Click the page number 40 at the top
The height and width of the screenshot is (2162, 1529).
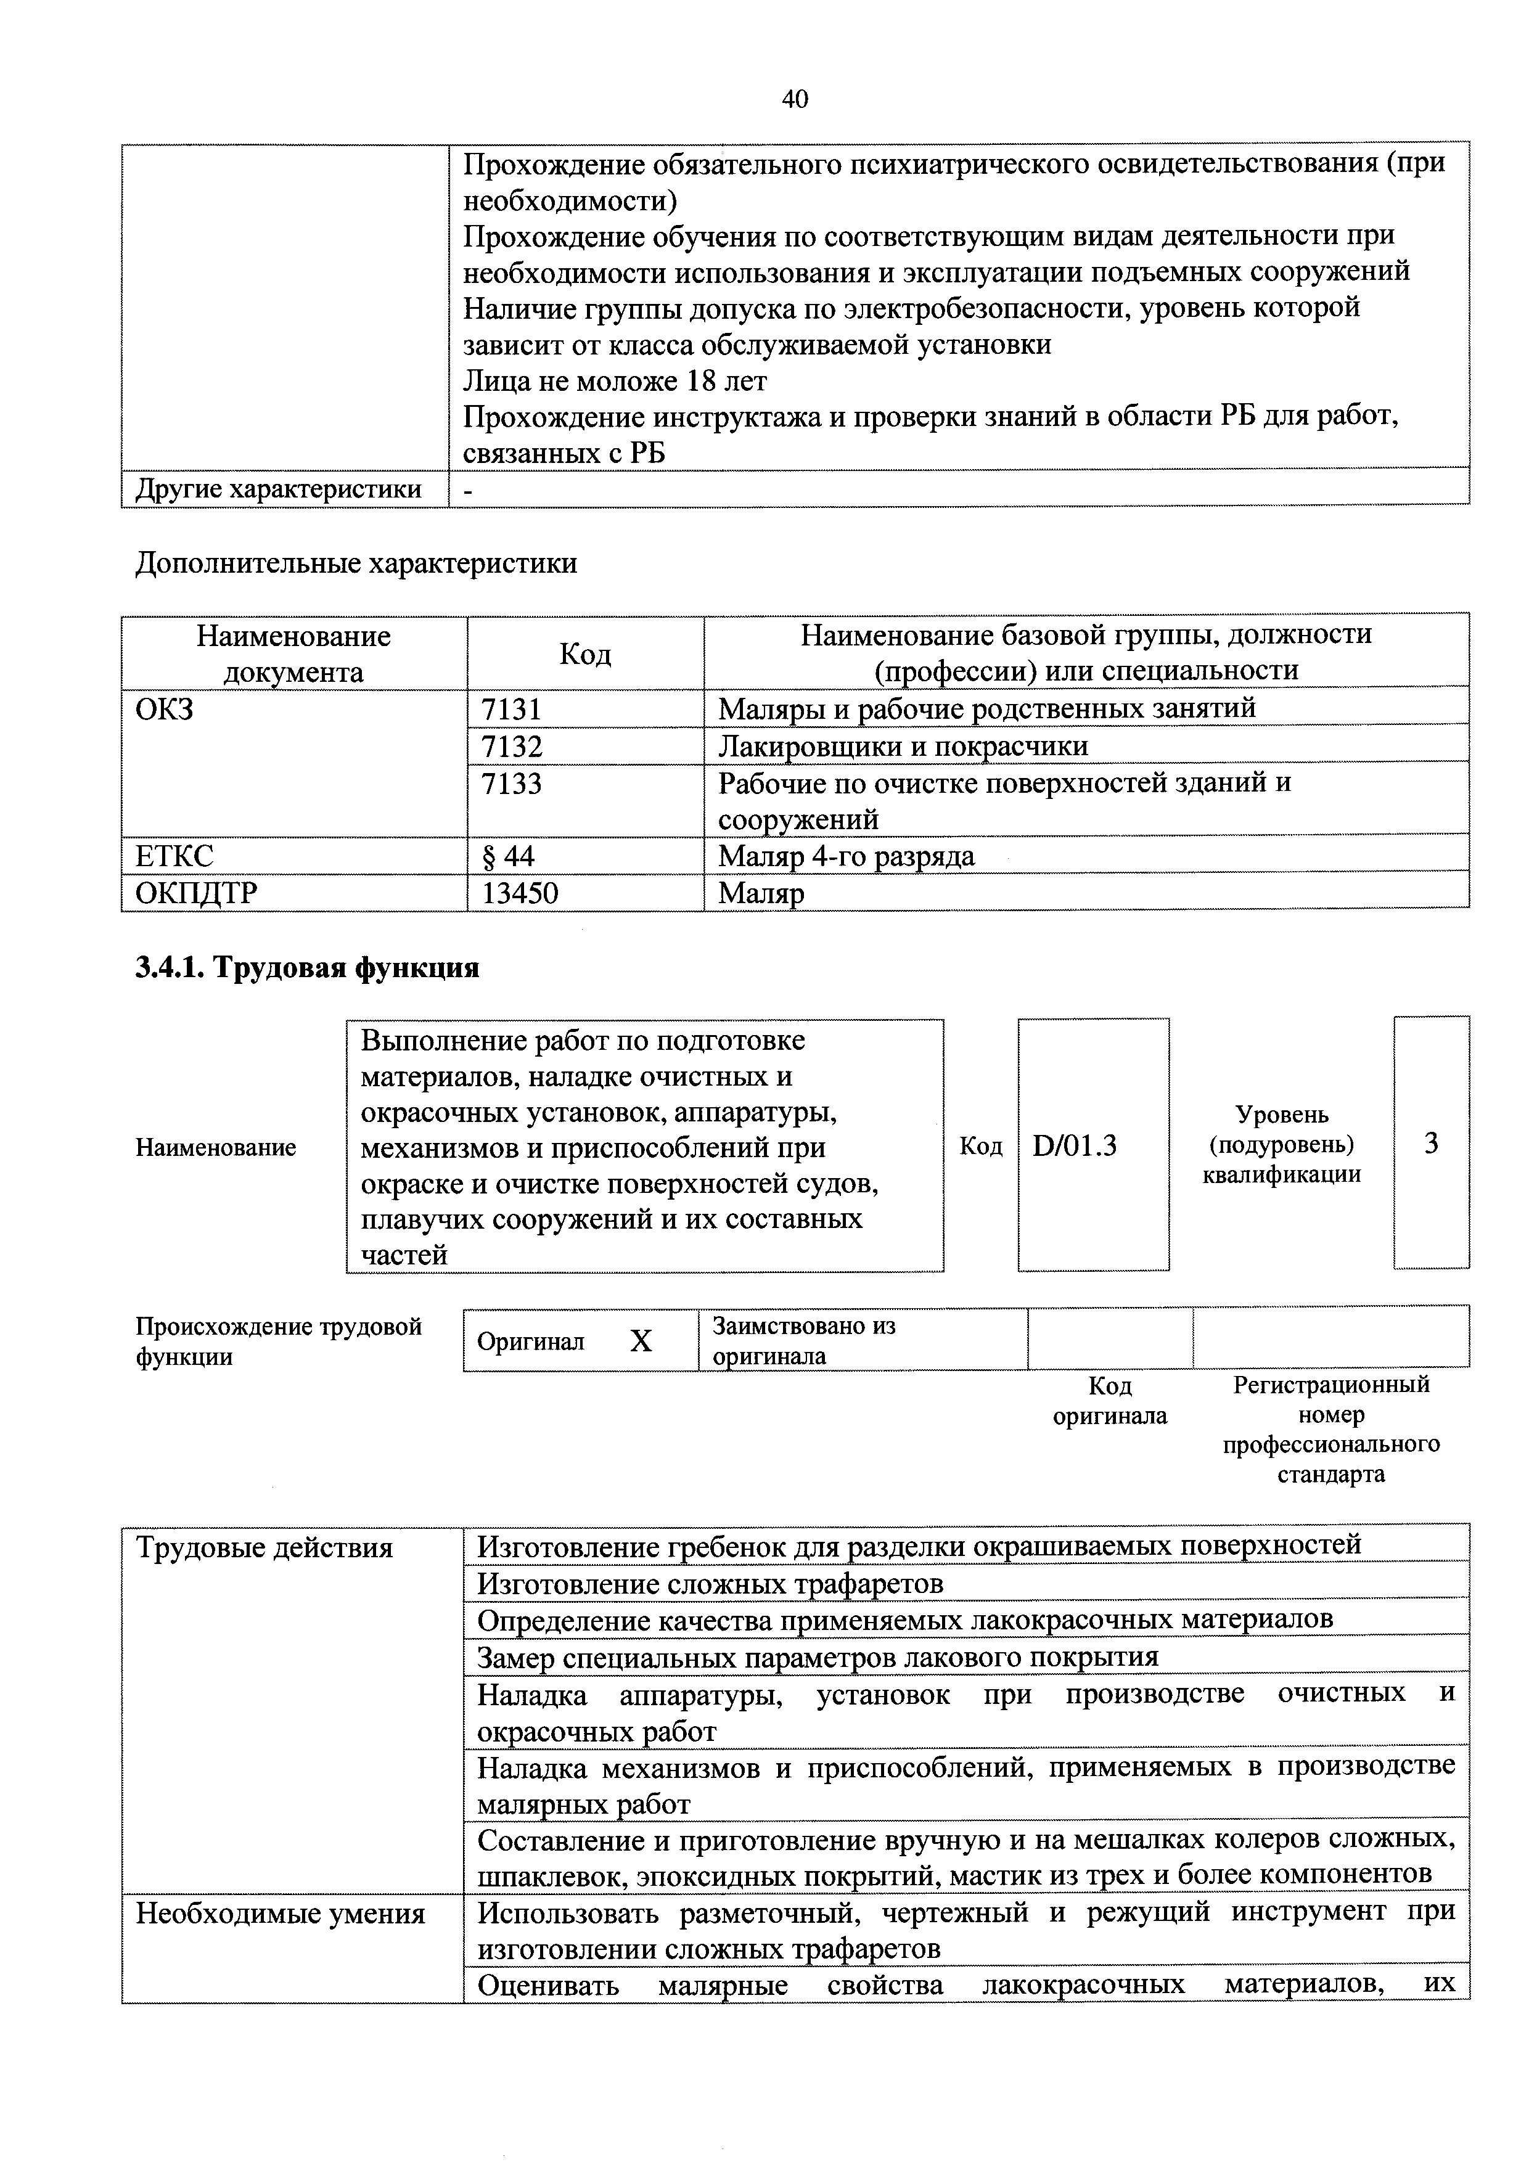coord(795,99)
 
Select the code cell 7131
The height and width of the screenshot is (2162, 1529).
coord(511,708)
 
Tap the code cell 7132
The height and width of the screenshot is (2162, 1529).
coord(511,746)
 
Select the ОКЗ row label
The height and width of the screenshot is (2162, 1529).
coord(165,708)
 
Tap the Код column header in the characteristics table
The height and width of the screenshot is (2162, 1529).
coord(584,653)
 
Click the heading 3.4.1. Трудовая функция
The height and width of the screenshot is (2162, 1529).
coord(308,967)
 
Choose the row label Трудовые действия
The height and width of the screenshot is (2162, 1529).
coord(264,1548)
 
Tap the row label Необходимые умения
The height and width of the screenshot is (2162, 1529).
coord(281,1914)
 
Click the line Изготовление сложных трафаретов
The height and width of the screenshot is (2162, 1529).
coord(710,1584)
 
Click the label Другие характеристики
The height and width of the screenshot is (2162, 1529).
coord(279,489)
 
